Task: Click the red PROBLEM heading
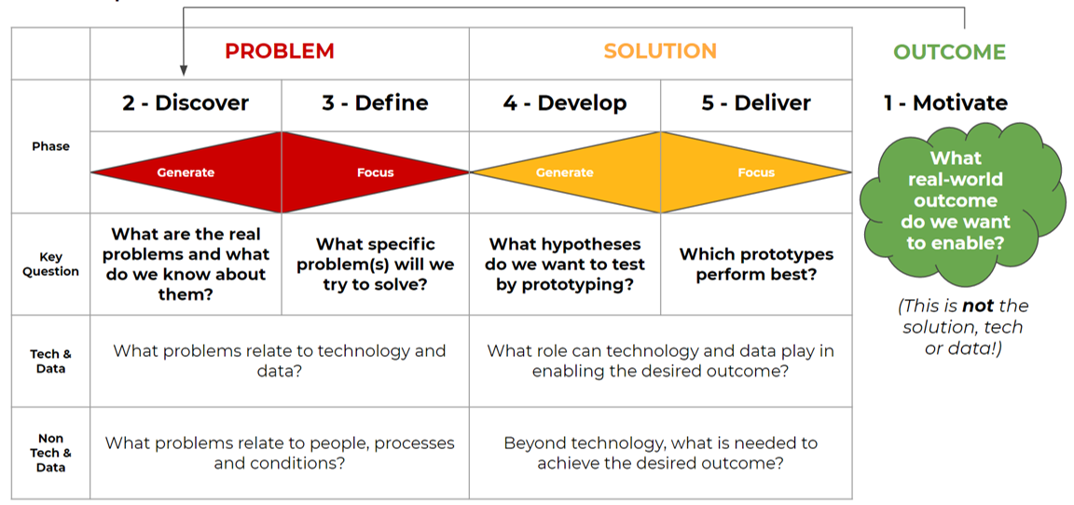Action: (x=280, y=50)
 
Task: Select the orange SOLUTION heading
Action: (x=660, y=50)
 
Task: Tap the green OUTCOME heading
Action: (x=950, y=52)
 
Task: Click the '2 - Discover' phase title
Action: (x=186, y=102)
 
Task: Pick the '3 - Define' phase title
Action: (x=376, y=102)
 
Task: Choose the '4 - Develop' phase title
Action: (x=564, y=102)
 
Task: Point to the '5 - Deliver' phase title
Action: (x=756, y=102)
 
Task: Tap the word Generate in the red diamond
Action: (x=186, y=172)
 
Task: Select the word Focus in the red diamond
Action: (x=376, y=172)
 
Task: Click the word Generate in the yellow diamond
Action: (x=565, y=172)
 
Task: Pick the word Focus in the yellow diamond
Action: (x=756, y=172)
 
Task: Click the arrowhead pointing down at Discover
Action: (x=183, y=70)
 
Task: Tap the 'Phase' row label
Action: (x=50, y=146)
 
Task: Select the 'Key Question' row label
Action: (x=50, y=264)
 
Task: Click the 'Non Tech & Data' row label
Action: (x=50, y=453)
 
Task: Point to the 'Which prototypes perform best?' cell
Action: (x=756, y=265)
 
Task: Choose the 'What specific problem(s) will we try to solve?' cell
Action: (x=376, y=264)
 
